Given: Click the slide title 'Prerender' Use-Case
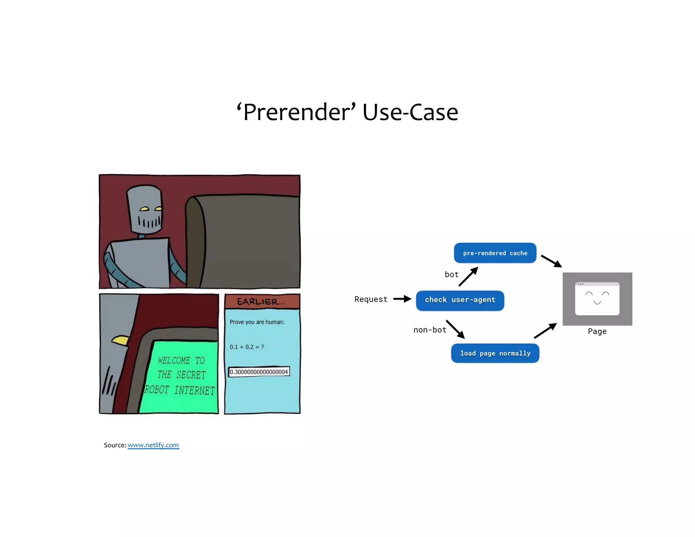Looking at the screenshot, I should (347, 112).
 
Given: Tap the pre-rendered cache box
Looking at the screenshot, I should (495, 253).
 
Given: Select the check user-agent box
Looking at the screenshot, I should (460, 300).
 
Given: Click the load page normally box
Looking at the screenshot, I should (495, 353).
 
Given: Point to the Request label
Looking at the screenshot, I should (371, 299).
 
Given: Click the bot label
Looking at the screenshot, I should (451, 275).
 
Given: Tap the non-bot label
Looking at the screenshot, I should (430, 330).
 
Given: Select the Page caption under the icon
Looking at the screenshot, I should (597, 332).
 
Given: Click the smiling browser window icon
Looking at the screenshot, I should (597, 299).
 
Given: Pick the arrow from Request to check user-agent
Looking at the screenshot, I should (402, 299).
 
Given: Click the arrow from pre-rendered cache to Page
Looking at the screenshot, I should (551, 261).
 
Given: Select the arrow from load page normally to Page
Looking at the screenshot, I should (545, 331).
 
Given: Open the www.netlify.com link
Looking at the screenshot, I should (153, 445).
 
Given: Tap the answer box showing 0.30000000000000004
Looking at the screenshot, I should (259, 372).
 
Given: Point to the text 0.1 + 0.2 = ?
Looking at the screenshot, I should (247, 347).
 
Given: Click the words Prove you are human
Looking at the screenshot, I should (257, 322).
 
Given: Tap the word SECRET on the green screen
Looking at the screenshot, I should (191, 375).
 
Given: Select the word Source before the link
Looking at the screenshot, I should (114, 445).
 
